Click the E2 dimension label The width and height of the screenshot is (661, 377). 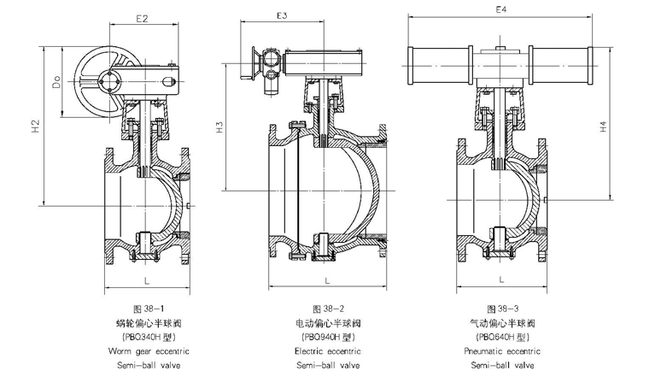pyautogui.click(x=142, y=17)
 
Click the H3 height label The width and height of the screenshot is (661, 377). pyautogui.click(x=219, y=129)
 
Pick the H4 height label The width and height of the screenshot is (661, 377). pyautogui.click(x=602, y=127)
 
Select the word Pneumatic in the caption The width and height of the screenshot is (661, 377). pyautogui.click(x=484, y=350)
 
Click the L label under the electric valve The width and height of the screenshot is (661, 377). pyautogui.click(x=328, y=280)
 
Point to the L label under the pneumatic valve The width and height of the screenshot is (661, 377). pyautogui.click(x=502, y=279)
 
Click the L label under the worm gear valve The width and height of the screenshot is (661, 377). pyautogui.click(x=147, y=280)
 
